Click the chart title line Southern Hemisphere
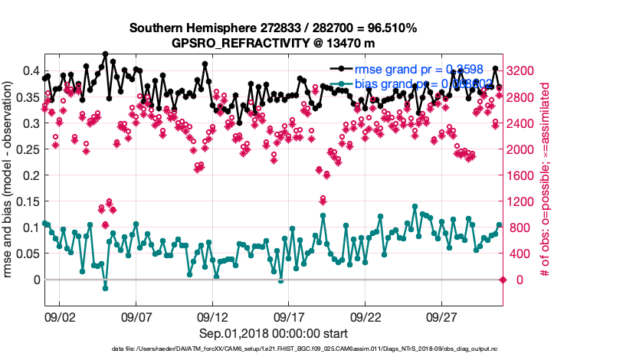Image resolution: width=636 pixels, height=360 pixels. (x=273, y=28)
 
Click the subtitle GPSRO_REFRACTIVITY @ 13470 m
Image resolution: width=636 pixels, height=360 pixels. (x=273, y=43)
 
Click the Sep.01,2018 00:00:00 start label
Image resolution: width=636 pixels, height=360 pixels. (x=273, y=333)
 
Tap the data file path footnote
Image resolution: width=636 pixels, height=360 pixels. (x=273, y=349)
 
